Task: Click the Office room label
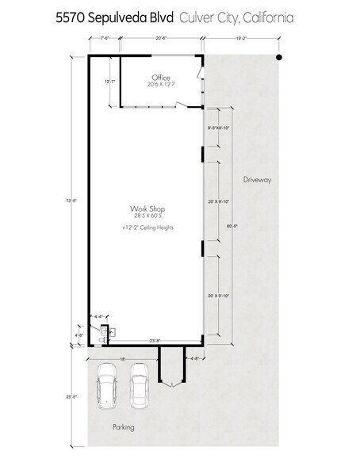[161, 78]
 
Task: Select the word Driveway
[258, 180]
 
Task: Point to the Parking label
[123, 427]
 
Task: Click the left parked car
[106, 385]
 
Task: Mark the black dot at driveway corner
[278, 58]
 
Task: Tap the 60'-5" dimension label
[231, 226]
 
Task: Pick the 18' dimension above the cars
[124, 358]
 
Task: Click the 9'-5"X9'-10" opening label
[218, 128]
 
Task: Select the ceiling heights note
[147, 227]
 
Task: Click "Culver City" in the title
[209, 17]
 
